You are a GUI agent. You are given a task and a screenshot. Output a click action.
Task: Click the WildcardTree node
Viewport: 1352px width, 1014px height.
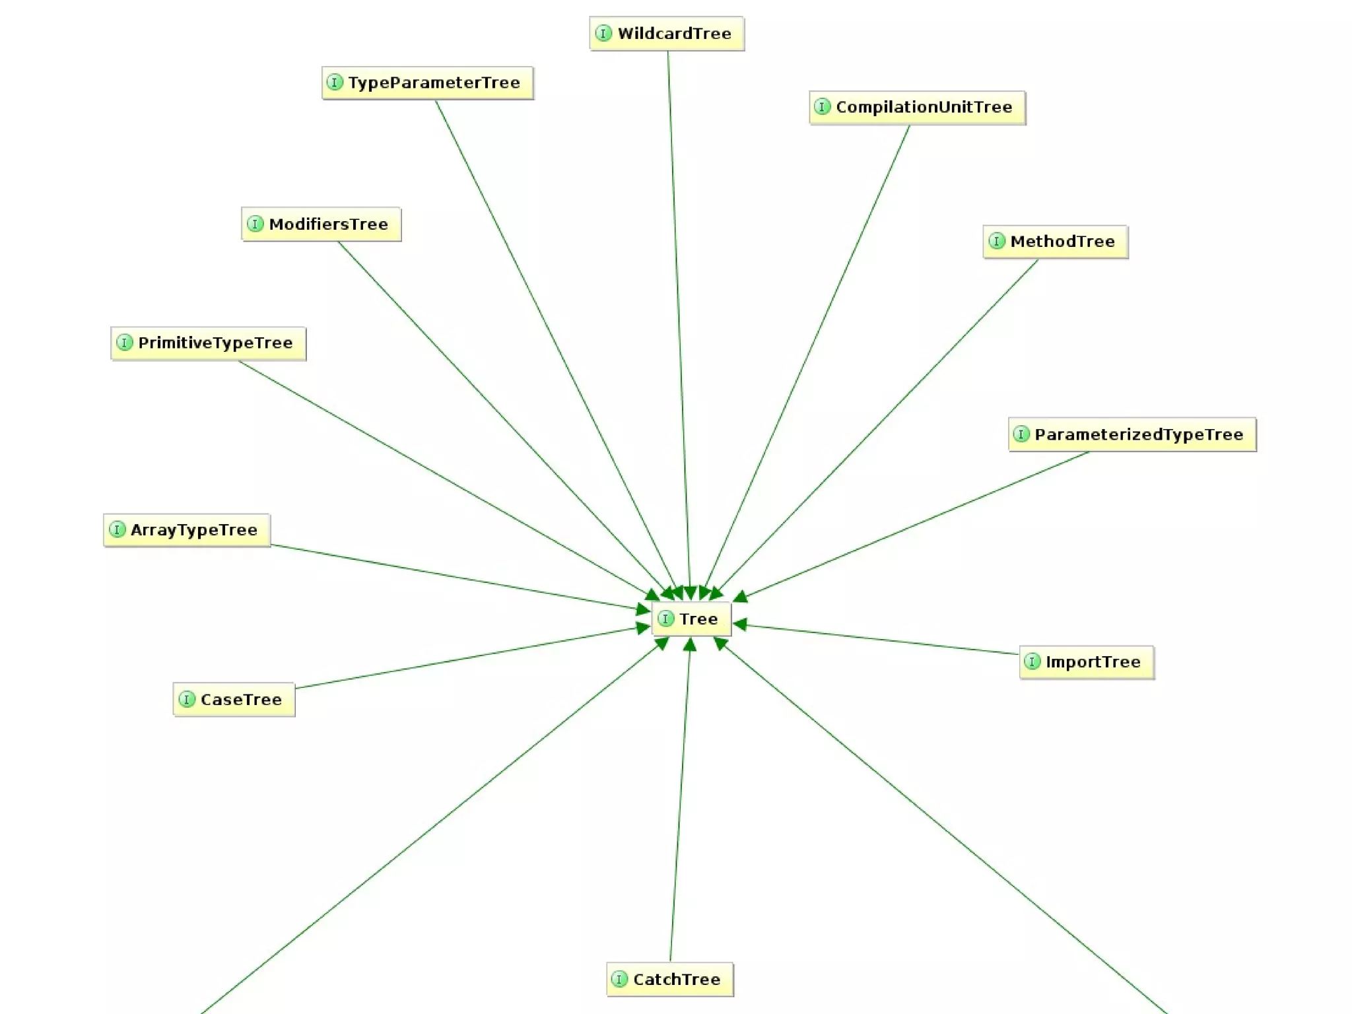pyautogui.click(x=667, y=34)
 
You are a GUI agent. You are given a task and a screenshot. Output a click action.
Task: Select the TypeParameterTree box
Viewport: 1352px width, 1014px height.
pyautogui.click(x=428, y=83)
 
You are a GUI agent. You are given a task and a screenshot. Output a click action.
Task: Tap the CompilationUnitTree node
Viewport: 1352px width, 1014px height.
pyautogui.click(x=917, y=108)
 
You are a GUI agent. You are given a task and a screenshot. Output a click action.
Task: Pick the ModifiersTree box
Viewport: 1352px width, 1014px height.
pyautogui.click(x=321, y=224)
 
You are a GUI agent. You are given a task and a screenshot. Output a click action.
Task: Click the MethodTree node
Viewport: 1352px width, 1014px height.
pyautogui.click(x=1055, y=242)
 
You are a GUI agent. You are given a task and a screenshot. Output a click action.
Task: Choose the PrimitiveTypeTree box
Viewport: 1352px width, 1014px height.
pyautogui.click(x=208, y=343)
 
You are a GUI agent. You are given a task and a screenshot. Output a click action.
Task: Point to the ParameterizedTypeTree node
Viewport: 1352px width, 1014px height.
pyautogui.click(x=1132, y=434)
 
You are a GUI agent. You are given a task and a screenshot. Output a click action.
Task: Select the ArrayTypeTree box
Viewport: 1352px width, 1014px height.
pyautogui.click(x=187, y=530)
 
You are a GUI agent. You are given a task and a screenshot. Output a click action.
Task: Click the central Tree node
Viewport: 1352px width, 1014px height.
pyautogui.click(x=691, y=619)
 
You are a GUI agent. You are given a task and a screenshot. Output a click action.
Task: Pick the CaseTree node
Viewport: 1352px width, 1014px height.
pyautogui.click(x=234, y=700)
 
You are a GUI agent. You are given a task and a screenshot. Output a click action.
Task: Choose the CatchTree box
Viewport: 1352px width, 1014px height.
pyautogui.click(x=669, y=980)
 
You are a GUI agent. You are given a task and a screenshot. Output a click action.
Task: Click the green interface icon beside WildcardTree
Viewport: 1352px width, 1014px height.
pyautogui.click(x=603, y=34)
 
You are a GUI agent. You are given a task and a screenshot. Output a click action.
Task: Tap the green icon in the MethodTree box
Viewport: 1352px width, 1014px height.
pyautogui.click(x=997, y=242)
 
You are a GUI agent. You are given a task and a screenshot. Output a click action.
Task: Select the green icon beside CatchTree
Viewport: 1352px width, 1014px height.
pyautogui.click(x=619, y=980)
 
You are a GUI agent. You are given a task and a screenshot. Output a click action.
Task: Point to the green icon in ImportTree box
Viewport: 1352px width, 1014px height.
pyautogui.click(x=1032, y=662)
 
